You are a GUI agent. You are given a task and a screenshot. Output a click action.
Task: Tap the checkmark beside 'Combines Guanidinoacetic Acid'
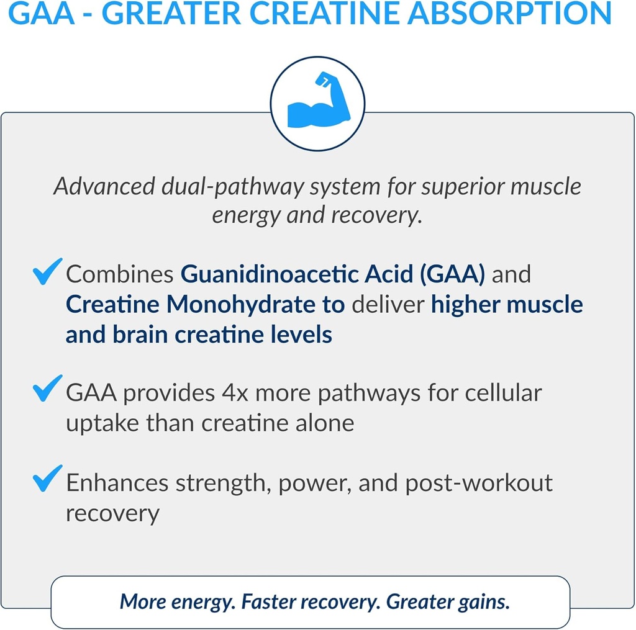pos(47,272)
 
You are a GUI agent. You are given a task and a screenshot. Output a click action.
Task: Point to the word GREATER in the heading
pos(181,14)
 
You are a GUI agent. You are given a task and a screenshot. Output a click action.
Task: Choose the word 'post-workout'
pos(479,484)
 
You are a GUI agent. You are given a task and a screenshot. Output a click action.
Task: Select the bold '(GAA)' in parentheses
pos(452,274)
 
